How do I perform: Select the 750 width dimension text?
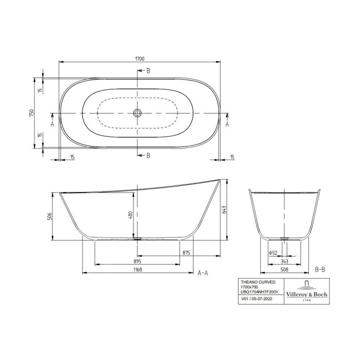coord(31,113)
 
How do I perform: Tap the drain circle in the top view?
coord(137,113)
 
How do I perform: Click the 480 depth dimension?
coord(129,215)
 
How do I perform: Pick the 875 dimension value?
coord(186,253)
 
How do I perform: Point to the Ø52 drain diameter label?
coord(273,253)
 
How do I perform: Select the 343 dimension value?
coord(284,261)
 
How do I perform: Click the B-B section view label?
coord(320,269)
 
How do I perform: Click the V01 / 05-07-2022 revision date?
coord(257,299)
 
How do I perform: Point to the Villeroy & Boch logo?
coord(306,291)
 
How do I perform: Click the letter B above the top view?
coord(148,70)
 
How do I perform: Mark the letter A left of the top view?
coord(52,123)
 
